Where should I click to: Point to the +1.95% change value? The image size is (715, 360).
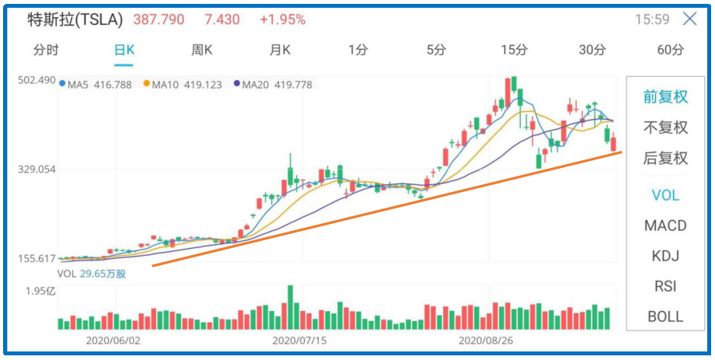click(x=282, y=19)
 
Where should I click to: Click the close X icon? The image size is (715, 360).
click(x=689, y=19)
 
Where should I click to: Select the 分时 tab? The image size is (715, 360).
click(x=46, y=51)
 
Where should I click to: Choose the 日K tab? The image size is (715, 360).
click(x=124, y=51)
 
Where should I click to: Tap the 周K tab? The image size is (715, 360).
click(x=202, y=51)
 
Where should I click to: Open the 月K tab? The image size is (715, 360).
click(x=280, y=51)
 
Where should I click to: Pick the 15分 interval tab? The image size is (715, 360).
click(x=514, y=51)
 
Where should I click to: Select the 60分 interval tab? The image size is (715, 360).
click(x=670, y=51)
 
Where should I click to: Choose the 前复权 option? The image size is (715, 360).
click(x=665, y=97)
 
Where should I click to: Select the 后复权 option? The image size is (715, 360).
click(x=665, y=158)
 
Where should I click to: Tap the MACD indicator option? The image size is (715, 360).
click(x=665, y=225)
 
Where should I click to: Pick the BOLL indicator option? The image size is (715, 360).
click(x=665, y=316)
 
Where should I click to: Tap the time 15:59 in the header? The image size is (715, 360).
click(x=652, y=19)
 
